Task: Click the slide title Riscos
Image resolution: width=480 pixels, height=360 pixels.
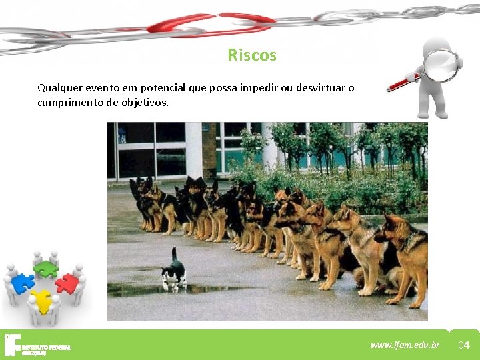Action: [251, 55]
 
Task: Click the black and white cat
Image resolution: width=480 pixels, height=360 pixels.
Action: [173, 274]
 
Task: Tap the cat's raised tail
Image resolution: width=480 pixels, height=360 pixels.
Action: [174, 254]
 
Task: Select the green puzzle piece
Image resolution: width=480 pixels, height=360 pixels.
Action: [45, 269]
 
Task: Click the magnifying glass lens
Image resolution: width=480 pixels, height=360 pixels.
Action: [441, 65]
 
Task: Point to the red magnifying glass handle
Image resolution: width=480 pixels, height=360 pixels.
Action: [403, 83]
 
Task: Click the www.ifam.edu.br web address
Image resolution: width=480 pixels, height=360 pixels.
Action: [405, 345]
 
